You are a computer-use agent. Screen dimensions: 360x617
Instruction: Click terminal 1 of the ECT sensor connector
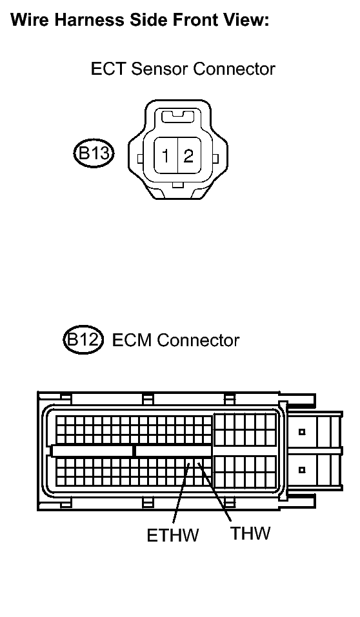coord(166,156)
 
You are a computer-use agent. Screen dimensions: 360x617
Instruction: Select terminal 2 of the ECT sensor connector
coord(189,156)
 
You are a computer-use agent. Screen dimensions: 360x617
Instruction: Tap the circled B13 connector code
coord(94,153)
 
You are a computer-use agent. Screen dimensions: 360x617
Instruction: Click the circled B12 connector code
coord(83,340)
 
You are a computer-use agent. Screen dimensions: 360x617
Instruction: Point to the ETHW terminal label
coord(172,535)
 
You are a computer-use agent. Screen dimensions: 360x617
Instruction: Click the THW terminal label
coord(250,533)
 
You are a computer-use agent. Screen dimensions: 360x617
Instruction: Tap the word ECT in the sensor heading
coord(108,68)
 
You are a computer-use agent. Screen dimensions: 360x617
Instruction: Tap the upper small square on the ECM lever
coord(302,432)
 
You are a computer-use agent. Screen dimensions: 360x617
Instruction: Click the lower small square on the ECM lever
coord(302,469)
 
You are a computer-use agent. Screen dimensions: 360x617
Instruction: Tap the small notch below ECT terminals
coord(178,185)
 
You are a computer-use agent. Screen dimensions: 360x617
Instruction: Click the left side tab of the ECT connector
coord(140,159)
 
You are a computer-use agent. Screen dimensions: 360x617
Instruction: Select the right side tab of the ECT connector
coord(215,159)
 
